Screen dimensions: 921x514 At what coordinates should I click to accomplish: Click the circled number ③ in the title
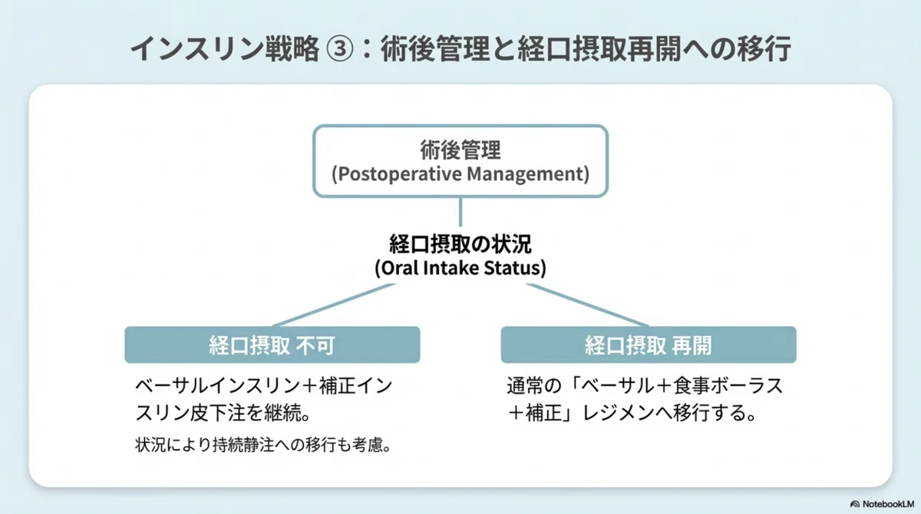339,49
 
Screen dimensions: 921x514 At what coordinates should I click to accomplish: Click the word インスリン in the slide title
196,49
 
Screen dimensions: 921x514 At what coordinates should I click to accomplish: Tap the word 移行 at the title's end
764,49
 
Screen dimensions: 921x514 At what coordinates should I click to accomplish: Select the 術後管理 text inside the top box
460,150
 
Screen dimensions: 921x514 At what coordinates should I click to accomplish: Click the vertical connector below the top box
460,212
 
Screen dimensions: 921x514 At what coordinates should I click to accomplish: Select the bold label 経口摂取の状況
460,244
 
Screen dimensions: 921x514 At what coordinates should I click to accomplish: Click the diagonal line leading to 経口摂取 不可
333,305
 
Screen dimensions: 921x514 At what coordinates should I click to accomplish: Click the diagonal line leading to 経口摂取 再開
588,305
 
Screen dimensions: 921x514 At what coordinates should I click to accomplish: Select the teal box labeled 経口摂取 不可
272,344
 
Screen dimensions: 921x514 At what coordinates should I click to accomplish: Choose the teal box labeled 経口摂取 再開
649,344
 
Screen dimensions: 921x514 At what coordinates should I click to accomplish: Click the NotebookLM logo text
888,504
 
